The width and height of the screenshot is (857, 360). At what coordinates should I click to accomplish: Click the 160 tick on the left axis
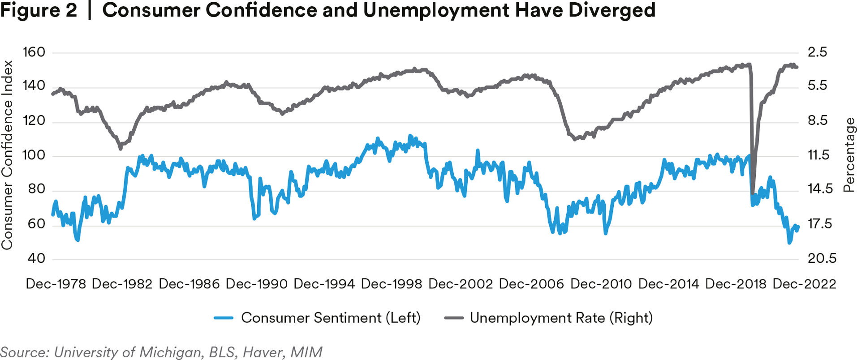[x=34, y=52]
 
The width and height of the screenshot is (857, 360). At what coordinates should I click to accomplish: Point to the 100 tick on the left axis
[x=34, y=155]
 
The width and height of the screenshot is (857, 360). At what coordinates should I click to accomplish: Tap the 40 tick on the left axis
[x=36, y=258]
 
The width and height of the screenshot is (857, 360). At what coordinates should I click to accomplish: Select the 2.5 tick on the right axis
[x=817, y=52]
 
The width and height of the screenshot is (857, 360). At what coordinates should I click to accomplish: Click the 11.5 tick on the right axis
[x=818, y=155]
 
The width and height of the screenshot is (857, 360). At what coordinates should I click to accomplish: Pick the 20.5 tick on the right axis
[x=822, y=258]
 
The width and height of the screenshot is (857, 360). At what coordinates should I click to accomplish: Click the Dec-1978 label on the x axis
[x=56, y=284]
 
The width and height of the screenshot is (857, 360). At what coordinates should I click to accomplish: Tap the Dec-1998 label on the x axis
[x=392, y=284]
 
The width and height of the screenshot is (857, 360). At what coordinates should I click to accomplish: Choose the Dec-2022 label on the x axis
[x=805, y=284]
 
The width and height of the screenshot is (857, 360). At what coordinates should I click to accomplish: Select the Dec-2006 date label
[x=531, y=284]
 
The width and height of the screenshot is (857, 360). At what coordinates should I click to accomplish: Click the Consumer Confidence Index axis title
[x=7, y=155]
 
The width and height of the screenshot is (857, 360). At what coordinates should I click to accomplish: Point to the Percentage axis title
[x=849, y=155]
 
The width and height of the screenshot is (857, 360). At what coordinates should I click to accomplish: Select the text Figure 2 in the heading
[x=39, y=10]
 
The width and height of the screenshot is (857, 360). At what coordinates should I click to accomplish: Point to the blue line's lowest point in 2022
[x=789, y=243]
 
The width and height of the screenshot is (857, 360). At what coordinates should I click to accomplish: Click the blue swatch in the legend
[x=224, y=318]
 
